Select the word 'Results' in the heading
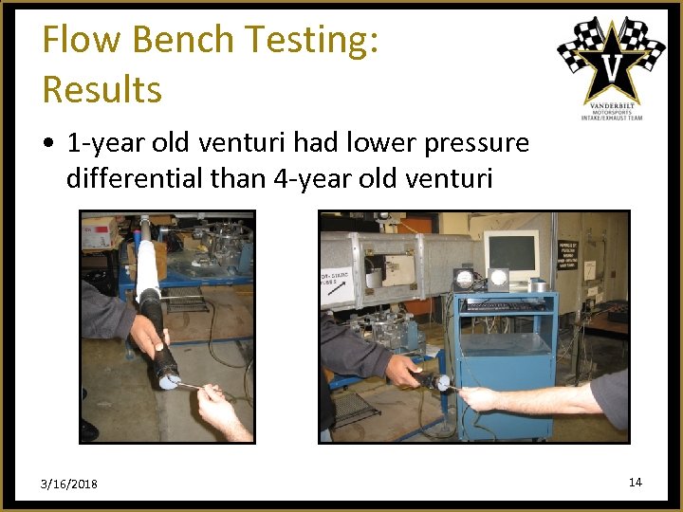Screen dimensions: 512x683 tap(102, 89)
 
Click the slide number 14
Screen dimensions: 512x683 tap(635, 483)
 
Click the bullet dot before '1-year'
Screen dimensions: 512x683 tap(48, 144)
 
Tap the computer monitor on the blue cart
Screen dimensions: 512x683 tap(512, 254)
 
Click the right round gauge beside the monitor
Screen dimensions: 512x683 tap(498, 278)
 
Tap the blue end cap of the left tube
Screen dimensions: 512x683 tap(169, 382)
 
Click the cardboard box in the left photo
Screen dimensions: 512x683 tap(97, 231)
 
